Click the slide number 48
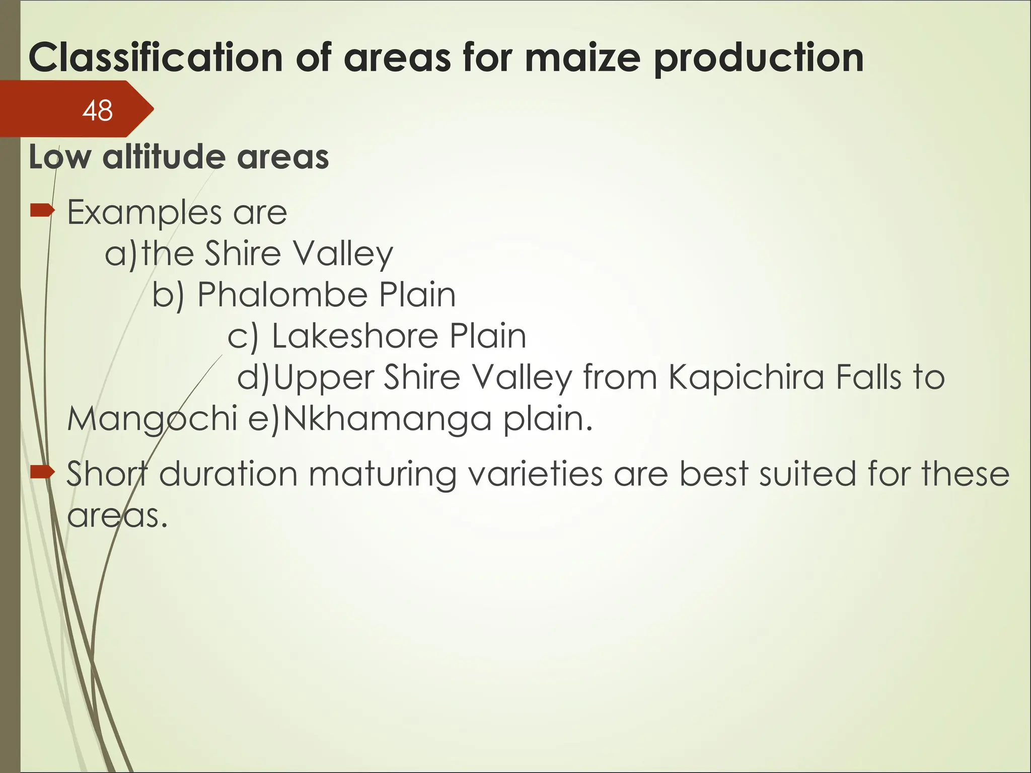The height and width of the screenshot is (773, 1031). point(97,110)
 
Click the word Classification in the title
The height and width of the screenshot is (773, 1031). point(155,58)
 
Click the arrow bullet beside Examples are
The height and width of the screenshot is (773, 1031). point(42,211)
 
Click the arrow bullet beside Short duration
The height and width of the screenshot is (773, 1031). point(42,472)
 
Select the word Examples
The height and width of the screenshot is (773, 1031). point(143,213)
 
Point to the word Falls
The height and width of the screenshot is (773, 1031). point(868,377)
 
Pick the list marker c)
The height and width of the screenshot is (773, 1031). point(243,336)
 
